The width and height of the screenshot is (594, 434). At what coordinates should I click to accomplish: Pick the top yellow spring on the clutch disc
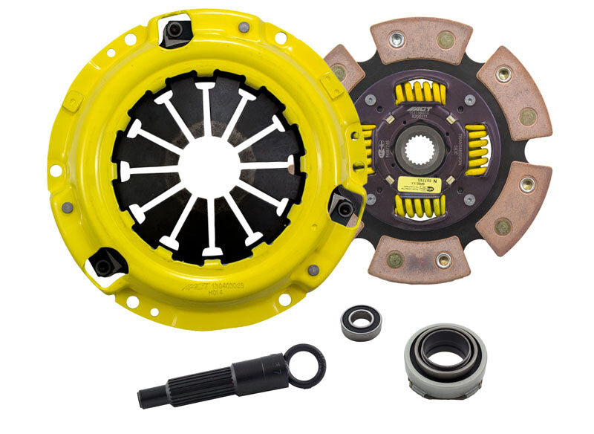[422, 94]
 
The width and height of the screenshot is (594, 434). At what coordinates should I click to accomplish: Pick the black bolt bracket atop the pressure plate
[176, 30]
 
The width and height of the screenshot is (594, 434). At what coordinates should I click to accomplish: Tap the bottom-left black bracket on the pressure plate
[104, 262]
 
